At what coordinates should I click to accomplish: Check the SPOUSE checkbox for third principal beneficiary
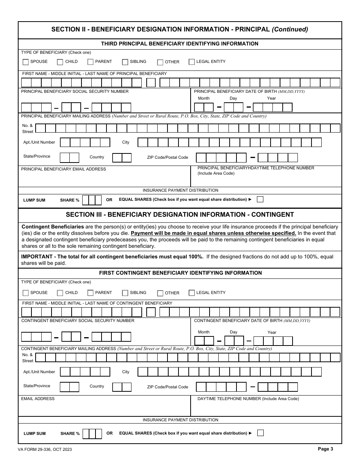coord(26,62)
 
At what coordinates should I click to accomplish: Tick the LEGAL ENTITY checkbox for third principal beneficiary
coord(192,62)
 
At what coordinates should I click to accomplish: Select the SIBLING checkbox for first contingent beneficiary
coord(125,293)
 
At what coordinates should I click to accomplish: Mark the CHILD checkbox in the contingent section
coord(60,293)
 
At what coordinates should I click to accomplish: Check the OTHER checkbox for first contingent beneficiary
coord(160,293)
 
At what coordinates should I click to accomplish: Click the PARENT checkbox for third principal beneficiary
coord(91,62)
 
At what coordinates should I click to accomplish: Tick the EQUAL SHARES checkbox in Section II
coord(260,199)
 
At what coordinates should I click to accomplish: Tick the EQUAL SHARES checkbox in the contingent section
coord(260,433)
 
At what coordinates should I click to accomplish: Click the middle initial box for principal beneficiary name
coord(151,83)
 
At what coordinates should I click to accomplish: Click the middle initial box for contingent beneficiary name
coord(151,312)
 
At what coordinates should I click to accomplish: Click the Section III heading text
coord(180,214)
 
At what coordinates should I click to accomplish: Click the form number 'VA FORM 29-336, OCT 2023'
coord(45,449)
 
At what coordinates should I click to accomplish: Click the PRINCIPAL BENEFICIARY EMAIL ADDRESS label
coord(63,169)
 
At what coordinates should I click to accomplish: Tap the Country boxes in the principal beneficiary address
coord(122,158)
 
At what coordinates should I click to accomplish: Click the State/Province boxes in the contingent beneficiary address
coord(69,387)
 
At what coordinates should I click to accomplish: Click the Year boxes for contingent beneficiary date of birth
coord(273,341)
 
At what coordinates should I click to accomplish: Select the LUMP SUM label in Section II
coord(34,200)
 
